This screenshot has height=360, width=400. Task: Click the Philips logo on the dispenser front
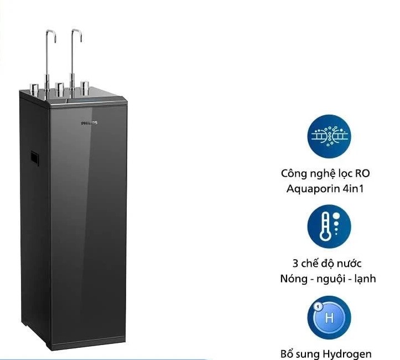point(89,123)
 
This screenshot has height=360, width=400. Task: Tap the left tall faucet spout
point(50,64)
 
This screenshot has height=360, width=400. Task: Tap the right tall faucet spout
point(75,63)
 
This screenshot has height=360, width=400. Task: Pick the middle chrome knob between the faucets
point(60,89)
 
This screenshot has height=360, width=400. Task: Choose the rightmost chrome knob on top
point(85,88)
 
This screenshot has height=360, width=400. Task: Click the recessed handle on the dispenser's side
point(34,158)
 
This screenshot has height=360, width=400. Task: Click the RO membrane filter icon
point(329,136)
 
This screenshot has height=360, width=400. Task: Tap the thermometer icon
point(329,227)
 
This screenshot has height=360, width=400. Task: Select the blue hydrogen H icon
point(329,317)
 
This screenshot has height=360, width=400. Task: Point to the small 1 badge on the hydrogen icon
point(318,306)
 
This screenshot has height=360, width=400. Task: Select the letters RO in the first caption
point(362,173)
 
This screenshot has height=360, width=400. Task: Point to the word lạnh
point(365,279)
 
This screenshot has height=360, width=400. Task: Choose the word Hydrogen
point(347,354)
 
